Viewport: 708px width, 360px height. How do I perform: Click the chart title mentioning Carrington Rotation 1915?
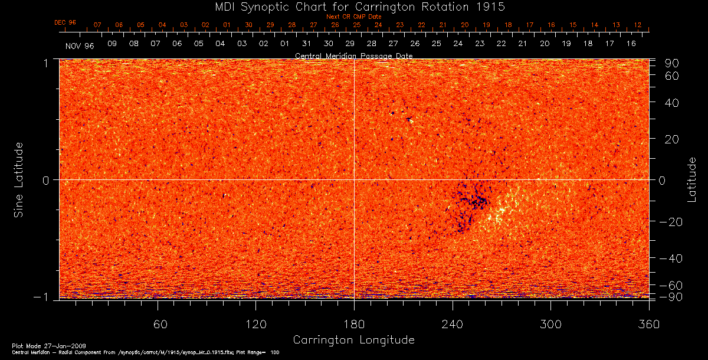click(353, 7)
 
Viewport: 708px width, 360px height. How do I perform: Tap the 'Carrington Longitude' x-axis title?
click(353, 340)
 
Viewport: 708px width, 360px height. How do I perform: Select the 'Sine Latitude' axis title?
click(19, 179)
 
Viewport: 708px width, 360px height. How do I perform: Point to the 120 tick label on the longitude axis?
click(255, 324)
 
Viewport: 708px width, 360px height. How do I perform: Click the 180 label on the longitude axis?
click(354, 324)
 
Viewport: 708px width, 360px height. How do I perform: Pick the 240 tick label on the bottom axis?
click(453, 324)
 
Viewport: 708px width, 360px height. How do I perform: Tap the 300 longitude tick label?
click(550, 324)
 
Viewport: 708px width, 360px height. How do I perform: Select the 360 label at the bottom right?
click(649, 324)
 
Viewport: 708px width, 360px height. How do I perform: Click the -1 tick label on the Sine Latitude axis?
click(45, 297)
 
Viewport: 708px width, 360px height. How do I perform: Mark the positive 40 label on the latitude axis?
click(672, 103)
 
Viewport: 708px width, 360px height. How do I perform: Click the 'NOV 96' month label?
click(80, 45)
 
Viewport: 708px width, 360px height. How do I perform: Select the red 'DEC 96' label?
click(65, 22)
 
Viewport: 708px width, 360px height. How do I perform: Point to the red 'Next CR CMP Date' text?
click(353, 17)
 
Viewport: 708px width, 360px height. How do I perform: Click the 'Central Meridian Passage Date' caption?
click(353, 55)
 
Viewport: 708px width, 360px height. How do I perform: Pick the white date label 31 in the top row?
click(306, 44)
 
